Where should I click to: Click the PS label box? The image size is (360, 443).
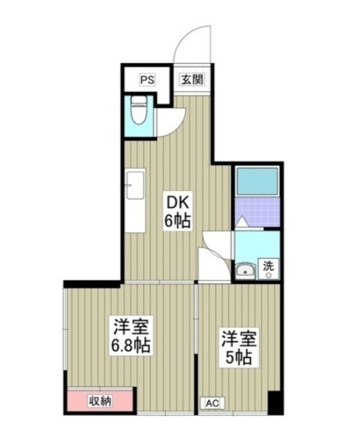(147, 79)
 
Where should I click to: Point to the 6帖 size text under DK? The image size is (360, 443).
(177, 221)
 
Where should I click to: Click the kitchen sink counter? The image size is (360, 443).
(135, 201)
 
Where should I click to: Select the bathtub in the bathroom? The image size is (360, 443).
(257, 182)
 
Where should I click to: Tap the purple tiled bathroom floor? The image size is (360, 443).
(258, 212)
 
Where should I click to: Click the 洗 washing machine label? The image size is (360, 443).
(269, 264)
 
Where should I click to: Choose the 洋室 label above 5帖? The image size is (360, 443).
(235, 338)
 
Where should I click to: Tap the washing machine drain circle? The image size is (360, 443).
(268, 275)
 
